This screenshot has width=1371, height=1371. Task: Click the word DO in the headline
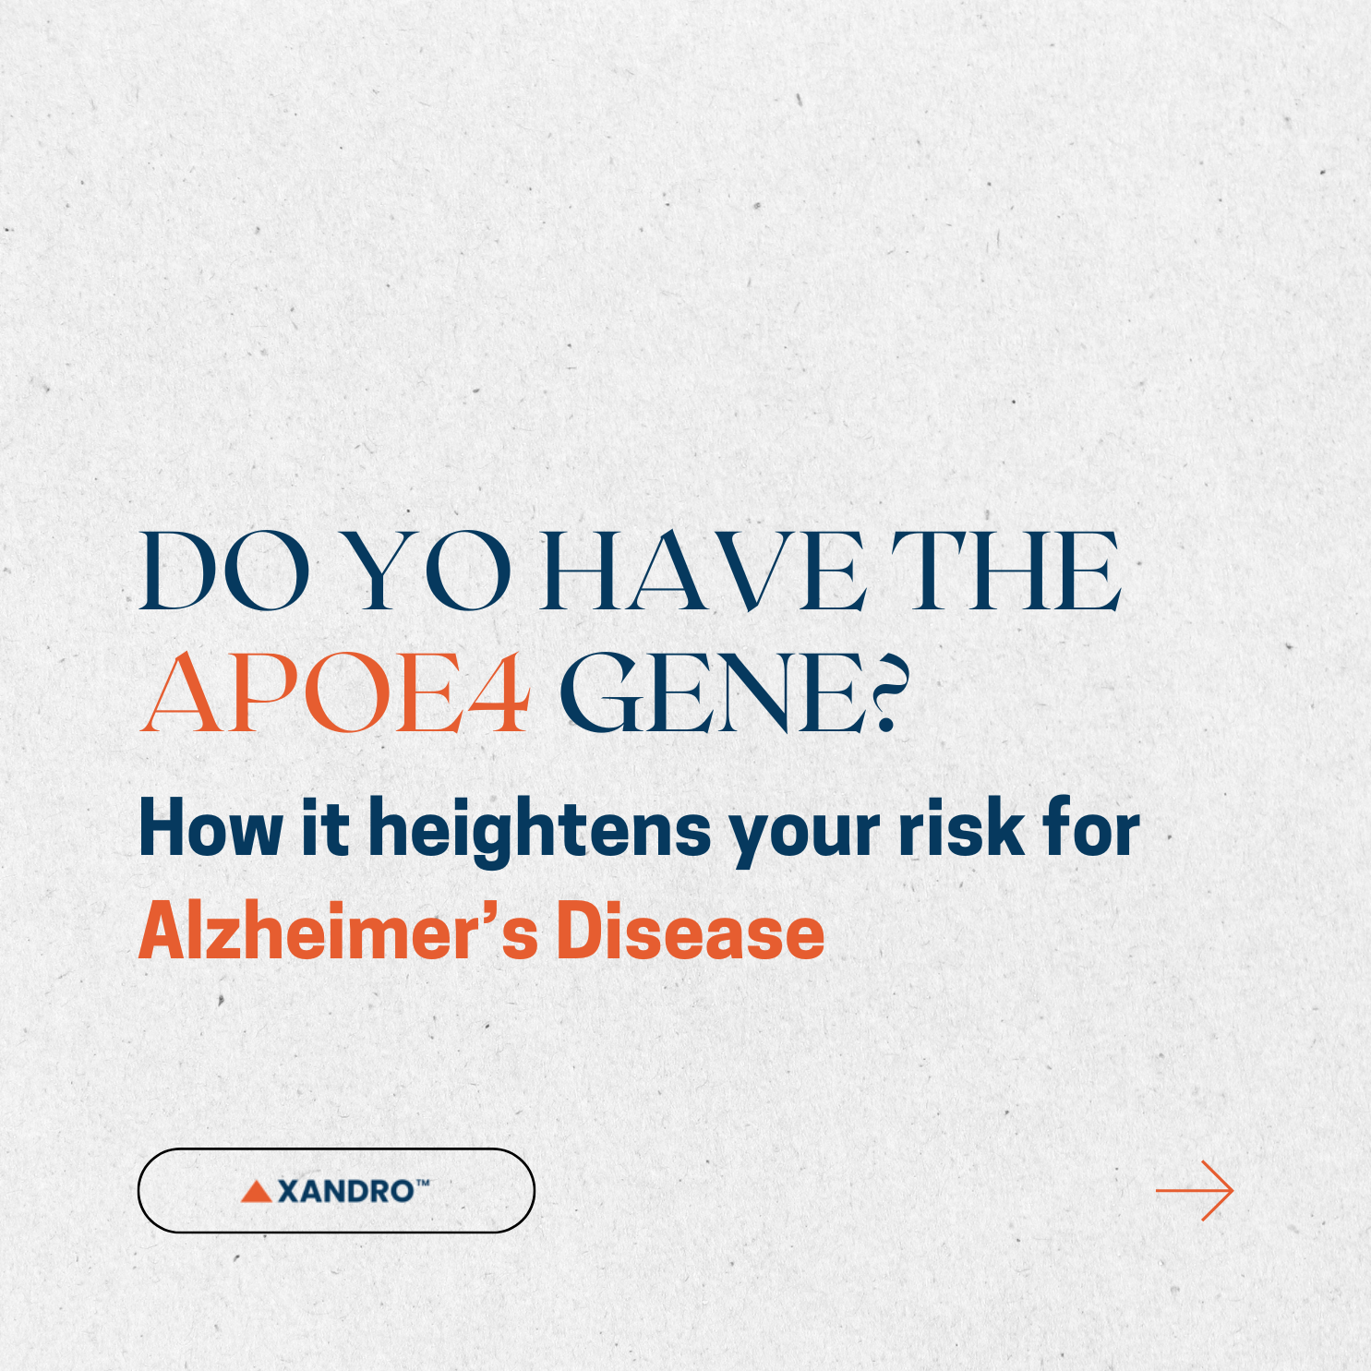224,572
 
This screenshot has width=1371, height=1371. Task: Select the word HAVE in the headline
703,572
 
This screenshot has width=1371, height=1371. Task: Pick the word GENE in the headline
711,692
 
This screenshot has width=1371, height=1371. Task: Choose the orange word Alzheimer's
338,932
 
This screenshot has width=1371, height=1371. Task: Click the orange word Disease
690,932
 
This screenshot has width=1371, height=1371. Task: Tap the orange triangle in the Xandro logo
256,1192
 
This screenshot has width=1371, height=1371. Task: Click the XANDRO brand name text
345,1191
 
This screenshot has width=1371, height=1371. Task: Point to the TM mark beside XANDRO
423,1183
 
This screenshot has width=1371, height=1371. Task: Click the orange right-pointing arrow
1195,1191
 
